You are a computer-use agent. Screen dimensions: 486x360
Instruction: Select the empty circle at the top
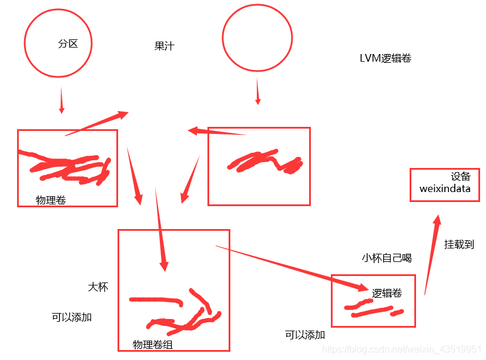pyautogui.click(x=257, y=38)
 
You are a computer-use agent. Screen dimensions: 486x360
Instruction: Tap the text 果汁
pyautogui.click(x=165, y=46)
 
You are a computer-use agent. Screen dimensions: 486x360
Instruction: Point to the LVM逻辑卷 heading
pyautogui.click(x=386, y=58)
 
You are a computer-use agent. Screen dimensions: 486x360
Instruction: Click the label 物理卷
pyautogui.click(x=51, y=200)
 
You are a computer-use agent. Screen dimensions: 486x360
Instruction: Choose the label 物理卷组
pyautogui.click(x=153, y=345)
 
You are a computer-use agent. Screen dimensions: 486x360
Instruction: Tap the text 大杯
pyautogui.click(x=98, y=287)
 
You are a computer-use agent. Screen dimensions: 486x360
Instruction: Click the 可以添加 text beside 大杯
pyautogui.click(x=72, y=317)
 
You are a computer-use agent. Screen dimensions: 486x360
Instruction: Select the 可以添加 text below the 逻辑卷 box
pyautogui.click(x=305, y=335)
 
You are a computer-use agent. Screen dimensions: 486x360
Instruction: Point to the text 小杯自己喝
pyautogui.click(x=387, y=258)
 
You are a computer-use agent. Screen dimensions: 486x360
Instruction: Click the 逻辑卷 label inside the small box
pyautogui.click(x=387, y=292)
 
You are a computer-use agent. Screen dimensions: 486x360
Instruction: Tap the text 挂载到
pyautogui.click(x=459, y=244)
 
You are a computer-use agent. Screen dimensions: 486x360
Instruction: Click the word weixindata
pyautogui.click(x=445, y=189)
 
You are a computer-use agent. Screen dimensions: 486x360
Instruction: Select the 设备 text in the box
pyautogui.click(x=461, y=177)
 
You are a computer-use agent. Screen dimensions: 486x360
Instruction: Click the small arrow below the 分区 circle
pyautogui.click(x=62, y=100)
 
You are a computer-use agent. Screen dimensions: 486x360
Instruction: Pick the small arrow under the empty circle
pyautogui.click(x=257, y=92)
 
